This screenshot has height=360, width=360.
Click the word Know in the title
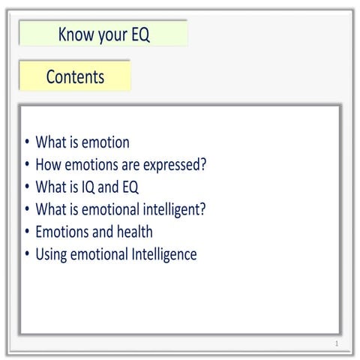tap(75, 35)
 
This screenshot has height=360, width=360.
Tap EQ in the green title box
tap(139, 35)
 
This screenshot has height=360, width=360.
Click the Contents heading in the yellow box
tap(75, 76)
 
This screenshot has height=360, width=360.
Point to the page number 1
tap(337, 343)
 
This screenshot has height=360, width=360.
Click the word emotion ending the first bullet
tap(103, 142)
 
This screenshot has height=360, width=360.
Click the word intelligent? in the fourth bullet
tap(170, 210)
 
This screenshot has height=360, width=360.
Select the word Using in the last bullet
tap(52, 255)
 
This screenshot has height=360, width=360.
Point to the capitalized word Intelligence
tap(163, 254)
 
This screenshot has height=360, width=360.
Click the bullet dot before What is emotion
tap(27, 143)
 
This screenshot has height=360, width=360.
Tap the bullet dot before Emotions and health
tap(27, 232)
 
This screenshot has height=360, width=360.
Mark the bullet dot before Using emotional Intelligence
tap(27, 255)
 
